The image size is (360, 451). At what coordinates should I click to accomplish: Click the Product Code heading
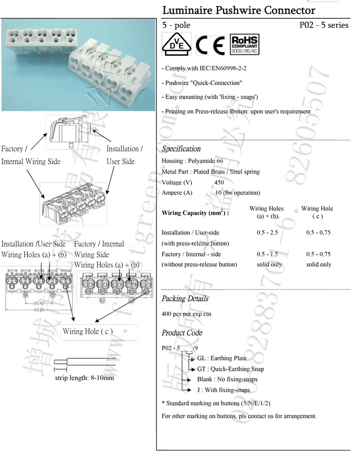pos(182,333)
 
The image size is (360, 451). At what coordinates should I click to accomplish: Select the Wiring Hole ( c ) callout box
pos(88,332)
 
